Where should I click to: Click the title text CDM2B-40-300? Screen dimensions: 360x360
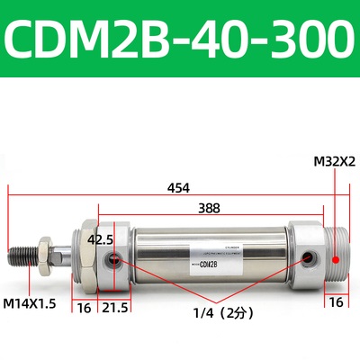tap(180, 40)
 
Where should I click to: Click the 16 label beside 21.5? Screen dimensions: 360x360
tap(84, 308)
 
